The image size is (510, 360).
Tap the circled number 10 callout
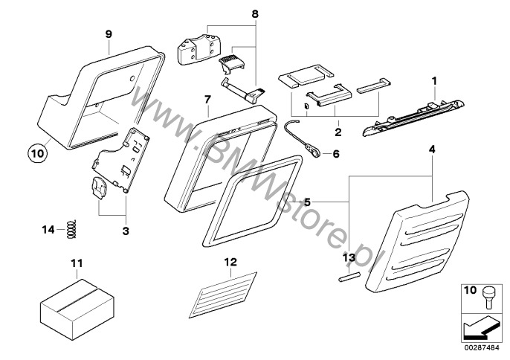(36, 154)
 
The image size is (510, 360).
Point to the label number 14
(47, 230)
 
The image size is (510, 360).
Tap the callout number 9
(109, 33)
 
